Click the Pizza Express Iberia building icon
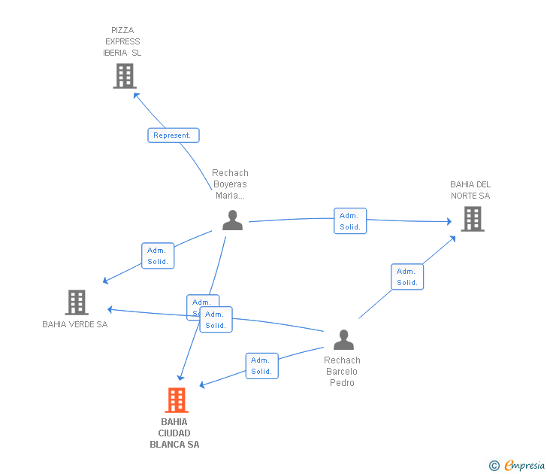[125, 76]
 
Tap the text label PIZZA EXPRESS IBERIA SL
[122, 42]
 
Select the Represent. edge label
[174, 135]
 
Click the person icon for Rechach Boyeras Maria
[233, 220]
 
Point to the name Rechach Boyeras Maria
[230, 184]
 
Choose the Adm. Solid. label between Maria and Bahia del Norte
[350, 221]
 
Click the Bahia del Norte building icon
[472, 219]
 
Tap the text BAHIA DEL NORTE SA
[470, 190]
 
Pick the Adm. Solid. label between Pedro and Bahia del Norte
[407, 277]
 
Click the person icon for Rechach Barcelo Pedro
[343, 340]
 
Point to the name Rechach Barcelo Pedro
[342, 372]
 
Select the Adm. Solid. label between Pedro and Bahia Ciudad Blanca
[261, 366]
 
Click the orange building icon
[177, 400]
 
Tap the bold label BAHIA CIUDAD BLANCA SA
[174, 433]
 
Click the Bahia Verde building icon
[77, 302]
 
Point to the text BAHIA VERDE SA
[75, 325]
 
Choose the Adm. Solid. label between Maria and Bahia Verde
[158, 256]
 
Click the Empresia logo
[524, 466]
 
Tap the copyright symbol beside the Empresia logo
[494, 466]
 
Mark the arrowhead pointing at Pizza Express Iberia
[136, 94]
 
